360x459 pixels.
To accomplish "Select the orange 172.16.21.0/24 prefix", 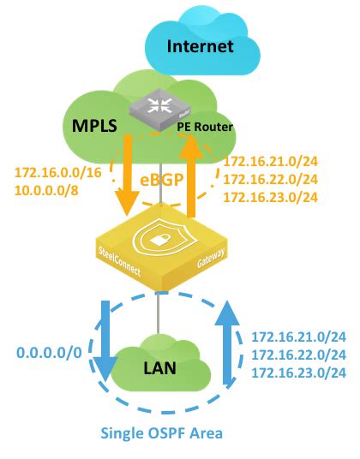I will point(271,163).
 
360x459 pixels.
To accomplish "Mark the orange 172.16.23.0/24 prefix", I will point(271,198).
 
